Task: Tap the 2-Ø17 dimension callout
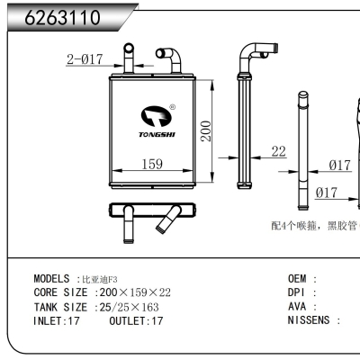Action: click(85, 60)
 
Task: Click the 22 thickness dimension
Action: click(278, 151)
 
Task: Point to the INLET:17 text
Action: click(56, 319)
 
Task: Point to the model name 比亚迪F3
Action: click(100, 280)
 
